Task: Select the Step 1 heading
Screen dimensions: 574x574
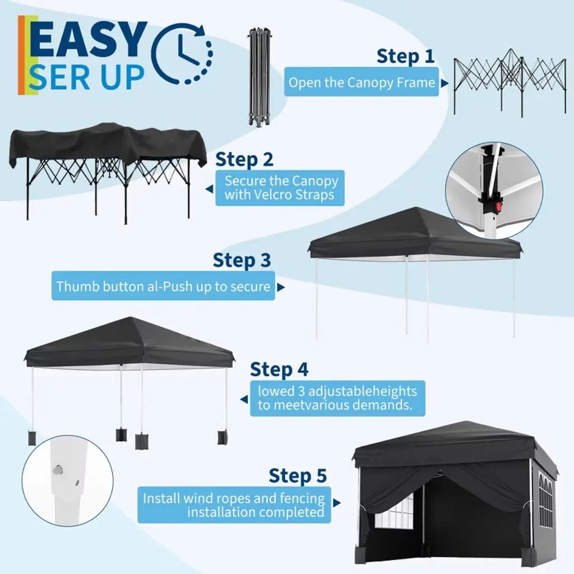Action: [x=405, y=57]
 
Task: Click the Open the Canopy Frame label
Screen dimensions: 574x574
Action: [x=362, y=82]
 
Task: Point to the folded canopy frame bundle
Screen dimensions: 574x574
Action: [x=259, y=77]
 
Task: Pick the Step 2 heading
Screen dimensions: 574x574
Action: [x=244, y=160]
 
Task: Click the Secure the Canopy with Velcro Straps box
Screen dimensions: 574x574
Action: [x=280, y=188]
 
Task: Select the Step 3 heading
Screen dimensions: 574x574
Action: [x=242, y=260]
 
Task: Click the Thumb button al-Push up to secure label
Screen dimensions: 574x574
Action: [x=163, y=286]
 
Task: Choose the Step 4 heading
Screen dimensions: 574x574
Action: [x=279, y=369]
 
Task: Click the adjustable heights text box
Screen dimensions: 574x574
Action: [x=337, y=399]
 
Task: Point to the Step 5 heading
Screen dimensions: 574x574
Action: [x=298, y=475]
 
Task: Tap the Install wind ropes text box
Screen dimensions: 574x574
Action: [x=234, y=505]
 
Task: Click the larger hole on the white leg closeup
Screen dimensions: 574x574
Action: [x=58, y=470]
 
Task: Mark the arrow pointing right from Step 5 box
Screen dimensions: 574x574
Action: [x=337, y=503]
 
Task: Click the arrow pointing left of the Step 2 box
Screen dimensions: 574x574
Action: [x=210, y=189]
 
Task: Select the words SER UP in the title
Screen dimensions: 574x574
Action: [x=87, y=77]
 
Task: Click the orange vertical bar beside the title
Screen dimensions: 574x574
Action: [x=21, y=55]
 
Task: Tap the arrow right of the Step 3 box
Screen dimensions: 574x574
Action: [x=281, y=288]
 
